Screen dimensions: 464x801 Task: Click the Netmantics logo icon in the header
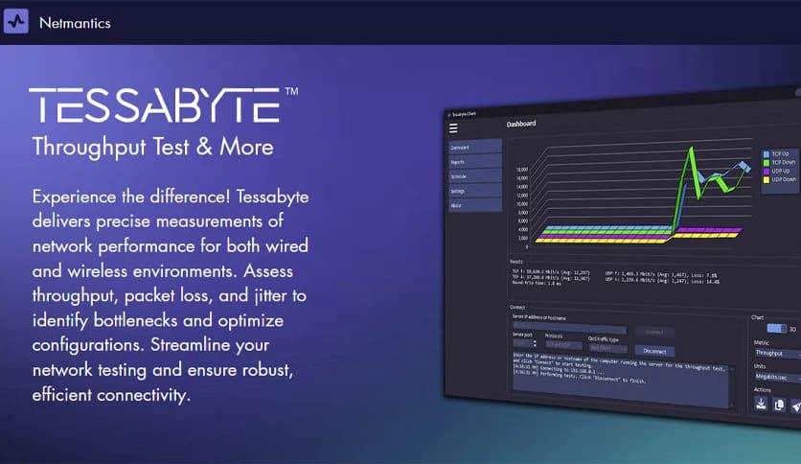tap(16, 21)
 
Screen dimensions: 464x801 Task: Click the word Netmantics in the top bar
tap(75, 22)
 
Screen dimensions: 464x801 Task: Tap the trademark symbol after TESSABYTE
tap(291, 92)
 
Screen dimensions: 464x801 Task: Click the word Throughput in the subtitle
tap(87, 147)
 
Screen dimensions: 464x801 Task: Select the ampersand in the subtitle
tap(211, 147)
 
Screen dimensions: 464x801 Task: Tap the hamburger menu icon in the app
tap(453, 128)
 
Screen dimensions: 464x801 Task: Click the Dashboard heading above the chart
tap(521, 124)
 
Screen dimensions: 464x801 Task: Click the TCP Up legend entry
tap(778, 153)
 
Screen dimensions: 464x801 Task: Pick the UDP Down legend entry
tap(781, 179)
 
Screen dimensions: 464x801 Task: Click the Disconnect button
tap(654, 351)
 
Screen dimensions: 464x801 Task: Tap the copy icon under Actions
tap(778, 406)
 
